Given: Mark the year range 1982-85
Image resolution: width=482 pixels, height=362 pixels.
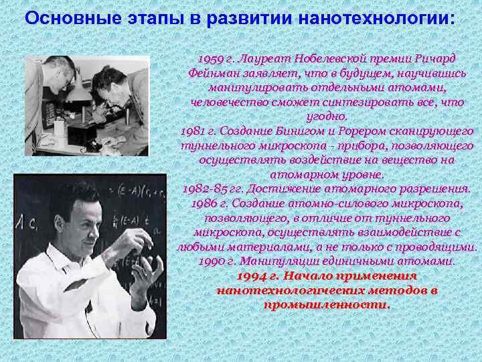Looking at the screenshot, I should [x=206, y=189].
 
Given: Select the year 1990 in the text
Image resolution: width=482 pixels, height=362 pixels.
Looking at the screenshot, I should [x=213, y=261].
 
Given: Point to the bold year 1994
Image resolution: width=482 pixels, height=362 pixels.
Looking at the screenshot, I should [x=250, y=276].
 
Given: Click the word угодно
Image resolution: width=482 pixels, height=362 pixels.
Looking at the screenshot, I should [x=327, y=117].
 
